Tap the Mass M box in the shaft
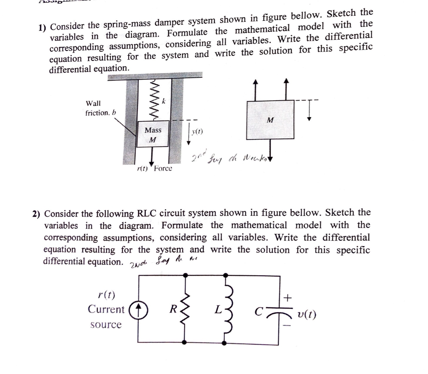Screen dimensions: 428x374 [x=153, y=135]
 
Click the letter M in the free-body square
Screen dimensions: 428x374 [x=270, y=120]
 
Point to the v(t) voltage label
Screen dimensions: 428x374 [x=306, y=314]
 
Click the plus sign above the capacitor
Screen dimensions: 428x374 [x=287, y=298]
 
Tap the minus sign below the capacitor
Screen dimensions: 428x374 [x=287, y=326]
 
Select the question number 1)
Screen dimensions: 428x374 [x=42, y=28]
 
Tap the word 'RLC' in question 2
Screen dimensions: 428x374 [x=147, y=214]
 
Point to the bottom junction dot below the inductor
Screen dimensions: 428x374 [x=226, y=343]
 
